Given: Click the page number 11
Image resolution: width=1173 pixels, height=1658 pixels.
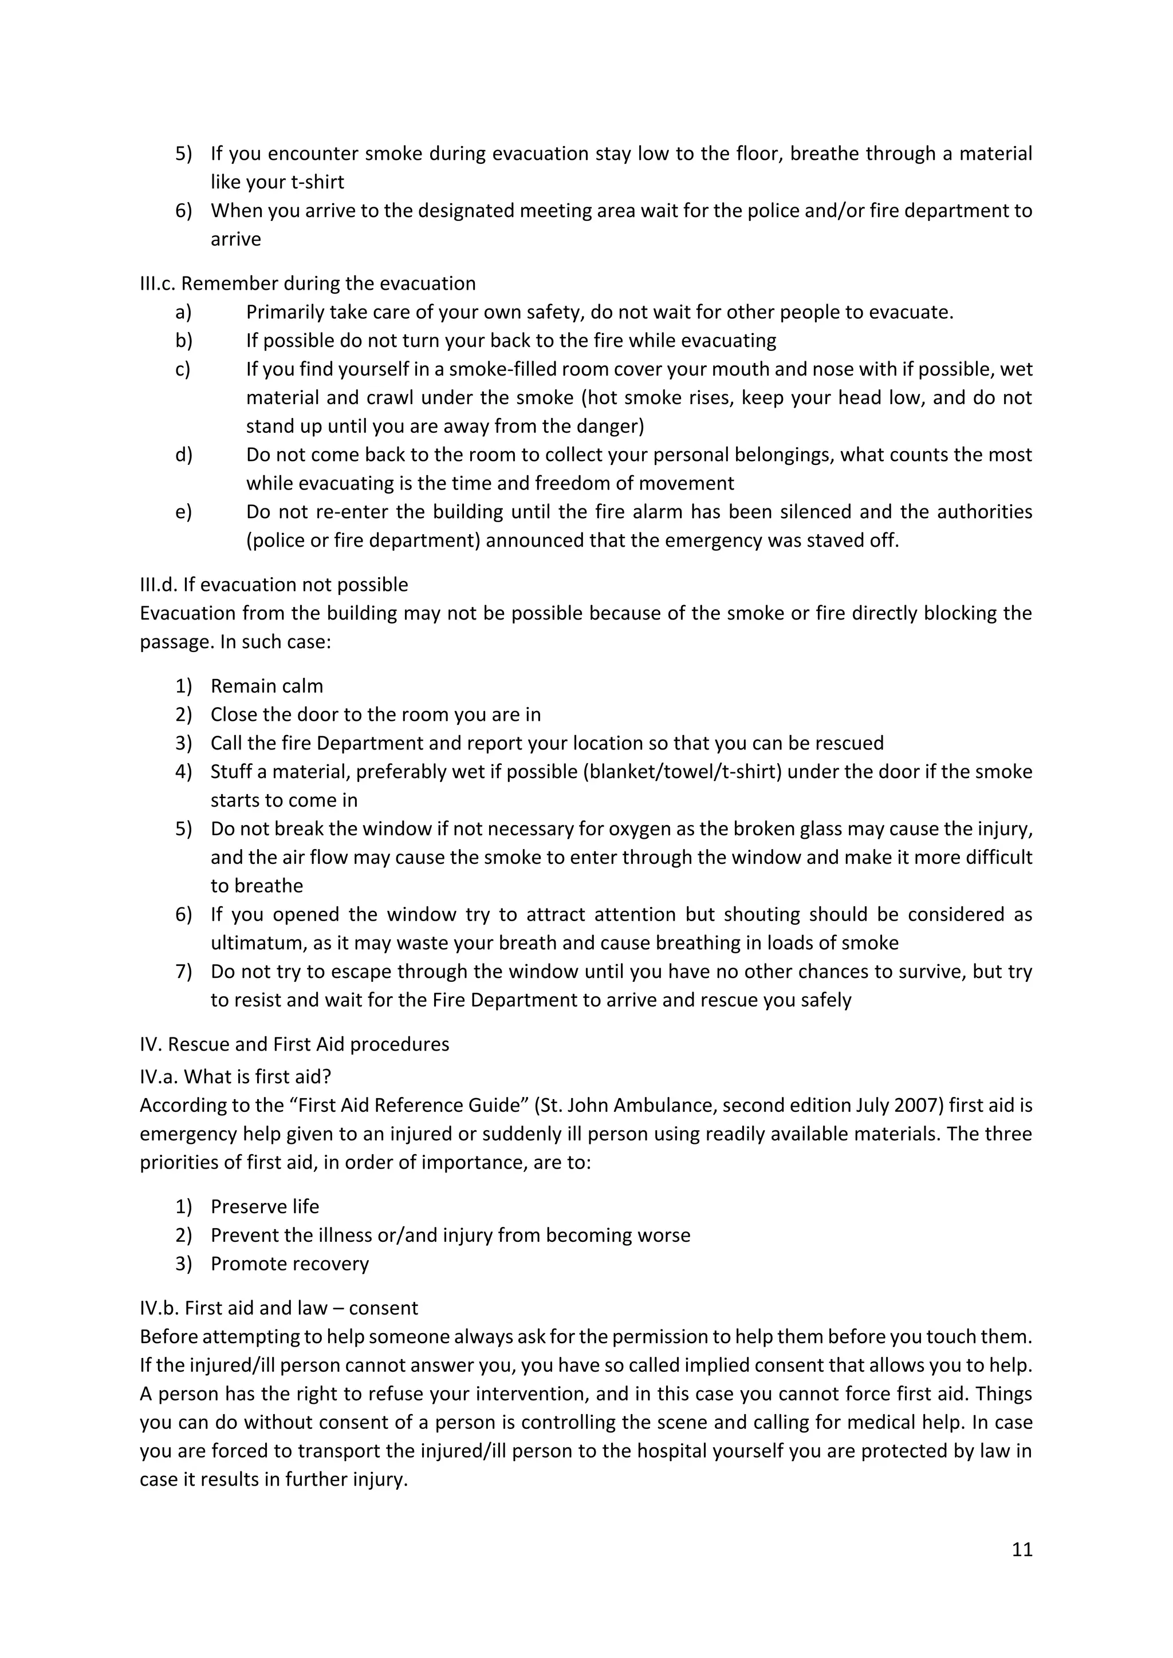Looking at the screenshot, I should pos(1021,1550).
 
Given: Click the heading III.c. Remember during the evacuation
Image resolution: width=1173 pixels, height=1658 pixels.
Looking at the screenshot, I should pos(307,283).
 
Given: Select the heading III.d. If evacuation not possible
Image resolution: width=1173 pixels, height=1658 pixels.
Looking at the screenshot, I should pos(274,584).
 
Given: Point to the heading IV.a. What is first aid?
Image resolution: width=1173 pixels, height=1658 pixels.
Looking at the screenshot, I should pos(235,1077).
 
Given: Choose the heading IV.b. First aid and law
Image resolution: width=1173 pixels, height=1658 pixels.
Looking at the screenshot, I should pos(279,1308).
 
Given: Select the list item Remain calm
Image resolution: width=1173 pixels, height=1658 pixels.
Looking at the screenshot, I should pos(266,686).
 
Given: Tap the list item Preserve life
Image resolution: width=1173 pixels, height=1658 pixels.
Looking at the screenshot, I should pos(265,1207).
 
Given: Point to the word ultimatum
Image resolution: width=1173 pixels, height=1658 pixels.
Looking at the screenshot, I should pos(258,943).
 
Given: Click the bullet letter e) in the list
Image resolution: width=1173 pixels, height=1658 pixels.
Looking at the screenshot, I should pos(183,512).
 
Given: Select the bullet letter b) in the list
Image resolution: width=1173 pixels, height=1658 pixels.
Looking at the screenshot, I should pos(183,341).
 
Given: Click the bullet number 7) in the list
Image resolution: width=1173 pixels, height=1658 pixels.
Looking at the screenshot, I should pos(183,972).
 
